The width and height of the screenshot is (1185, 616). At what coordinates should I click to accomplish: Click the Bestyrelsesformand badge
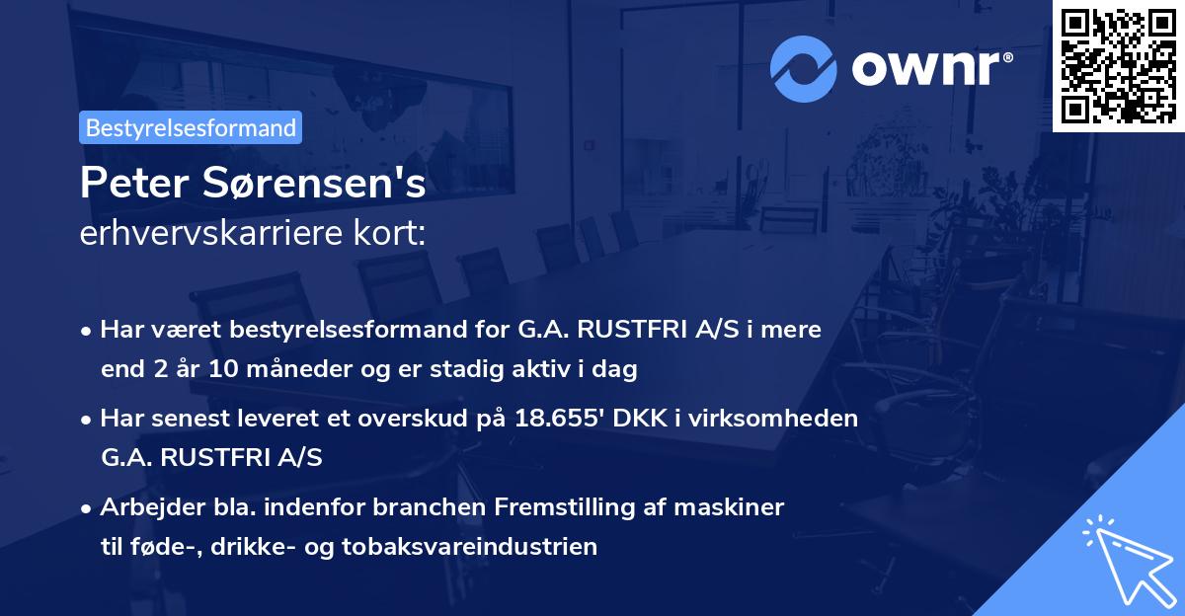(x=191, y=127)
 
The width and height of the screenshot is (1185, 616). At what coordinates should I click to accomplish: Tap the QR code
(x=1118, y=65)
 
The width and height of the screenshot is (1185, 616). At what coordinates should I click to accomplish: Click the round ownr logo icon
(x=804, y=69)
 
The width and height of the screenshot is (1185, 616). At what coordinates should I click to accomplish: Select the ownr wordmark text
(x=925, y=68)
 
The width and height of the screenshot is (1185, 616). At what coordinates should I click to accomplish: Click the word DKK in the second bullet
(x=641, y=418)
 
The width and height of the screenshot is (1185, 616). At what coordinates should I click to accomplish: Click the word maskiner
(x=736, y=506)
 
